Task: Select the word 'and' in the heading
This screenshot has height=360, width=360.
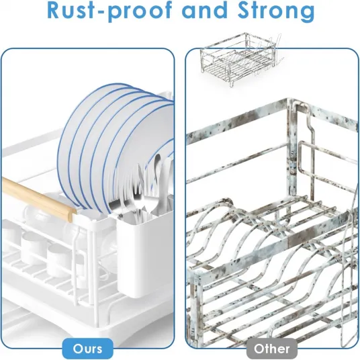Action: coord(205,10)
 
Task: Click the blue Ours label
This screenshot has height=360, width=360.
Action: coord(88,349)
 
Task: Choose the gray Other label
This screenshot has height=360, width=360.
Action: coord(272,349)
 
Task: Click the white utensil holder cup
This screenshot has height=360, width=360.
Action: coord(144,253)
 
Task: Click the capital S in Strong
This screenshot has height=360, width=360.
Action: coord(244,11)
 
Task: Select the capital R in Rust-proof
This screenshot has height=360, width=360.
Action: coord(54,11)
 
